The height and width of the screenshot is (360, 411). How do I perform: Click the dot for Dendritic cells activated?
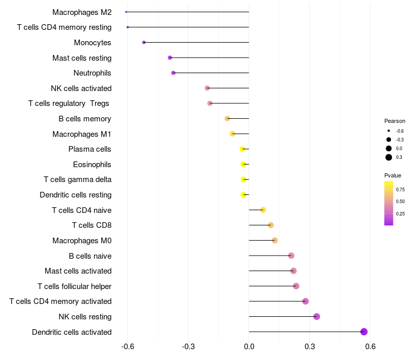point(364,332)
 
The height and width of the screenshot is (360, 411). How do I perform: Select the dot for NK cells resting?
point(316,316)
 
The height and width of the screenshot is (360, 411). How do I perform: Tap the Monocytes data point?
point(144,42)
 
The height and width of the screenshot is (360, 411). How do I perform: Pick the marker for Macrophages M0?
point(275,240)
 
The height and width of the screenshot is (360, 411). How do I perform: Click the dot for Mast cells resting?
point(170,58)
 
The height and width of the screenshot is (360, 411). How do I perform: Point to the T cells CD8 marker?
point(271,225)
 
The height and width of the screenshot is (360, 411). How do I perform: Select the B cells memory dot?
point(227,119)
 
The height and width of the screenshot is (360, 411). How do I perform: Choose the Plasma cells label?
point(90,149)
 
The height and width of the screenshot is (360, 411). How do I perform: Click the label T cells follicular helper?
point(74,286)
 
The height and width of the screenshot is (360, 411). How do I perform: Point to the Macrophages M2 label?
point(82,12)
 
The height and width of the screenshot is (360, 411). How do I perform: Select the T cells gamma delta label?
point(78,179)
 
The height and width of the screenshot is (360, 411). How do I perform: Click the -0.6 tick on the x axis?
point(127,347)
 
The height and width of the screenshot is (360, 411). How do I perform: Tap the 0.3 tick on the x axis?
point(310,347)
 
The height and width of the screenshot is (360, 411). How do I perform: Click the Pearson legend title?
point(395,121)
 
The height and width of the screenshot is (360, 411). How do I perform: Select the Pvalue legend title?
point(393,176)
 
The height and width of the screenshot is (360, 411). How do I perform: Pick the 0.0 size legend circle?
point(389,148)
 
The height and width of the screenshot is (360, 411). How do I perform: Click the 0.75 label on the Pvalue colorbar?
point(401,189)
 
